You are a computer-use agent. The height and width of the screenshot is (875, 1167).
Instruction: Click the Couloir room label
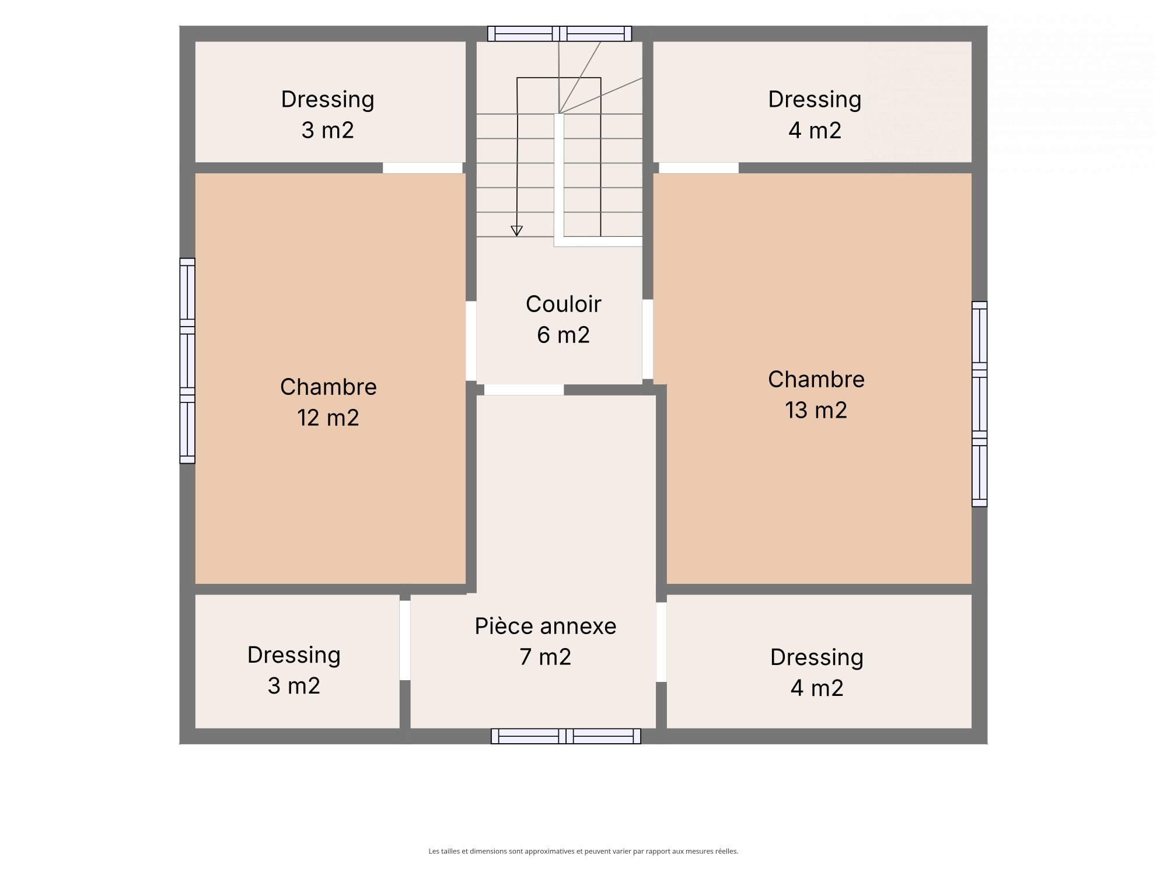[x=563, y=304]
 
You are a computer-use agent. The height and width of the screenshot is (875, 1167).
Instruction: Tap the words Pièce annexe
[x=546, y=626]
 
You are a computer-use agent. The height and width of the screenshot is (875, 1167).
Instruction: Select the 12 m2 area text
[x=328, y=418]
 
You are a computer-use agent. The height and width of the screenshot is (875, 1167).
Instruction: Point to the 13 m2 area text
[x=816, y=410]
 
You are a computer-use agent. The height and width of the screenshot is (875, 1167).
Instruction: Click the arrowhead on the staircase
[x=516, y=231]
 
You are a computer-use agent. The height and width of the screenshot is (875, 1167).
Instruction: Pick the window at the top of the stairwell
[x=560, y=34]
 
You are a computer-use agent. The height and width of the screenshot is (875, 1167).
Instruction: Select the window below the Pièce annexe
[x=566, y=736]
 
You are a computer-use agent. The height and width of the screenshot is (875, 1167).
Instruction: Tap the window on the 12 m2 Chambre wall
[x=187, y=361]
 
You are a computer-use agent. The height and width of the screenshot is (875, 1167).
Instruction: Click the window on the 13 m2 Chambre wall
[x=980, y=404]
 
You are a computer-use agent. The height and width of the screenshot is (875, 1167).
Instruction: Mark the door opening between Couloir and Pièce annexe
[x=524, y=390]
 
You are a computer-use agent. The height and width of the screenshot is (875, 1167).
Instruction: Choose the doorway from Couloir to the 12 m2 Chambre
[x=471, y=341]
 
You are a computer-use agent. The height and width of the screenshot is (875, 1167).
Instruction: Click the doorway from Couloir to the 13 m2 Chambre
[x=648, y=339]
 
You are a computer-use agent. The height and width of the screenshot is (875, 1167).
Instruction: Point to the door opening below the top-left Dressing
[x=422, y=168]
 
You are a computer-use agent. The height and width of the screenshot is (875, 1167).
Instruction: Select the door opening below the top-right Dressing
[x=699, y=168]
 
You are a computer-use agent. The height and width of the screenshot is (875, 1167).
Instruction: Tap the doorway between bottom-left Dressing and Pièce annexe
[x=405, y=640]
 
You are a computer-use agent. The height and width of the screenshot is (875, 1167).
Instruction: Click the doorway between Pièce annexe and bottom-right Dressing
[x=661, y=642]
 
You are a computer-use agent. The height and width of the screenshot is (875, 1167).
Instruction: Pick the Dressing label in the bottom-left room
[x=294, y=656]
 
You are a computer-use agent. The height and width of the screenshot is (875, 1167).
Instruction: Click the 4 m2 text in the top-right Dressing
[x=815, y=130]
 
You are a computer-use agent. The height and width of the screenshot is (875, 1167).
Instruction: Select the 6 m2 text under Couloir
[x=563, y=335]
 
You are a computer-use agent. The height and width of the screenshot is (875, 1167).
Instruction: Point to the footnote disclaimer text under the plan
[x=583, y=851]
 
